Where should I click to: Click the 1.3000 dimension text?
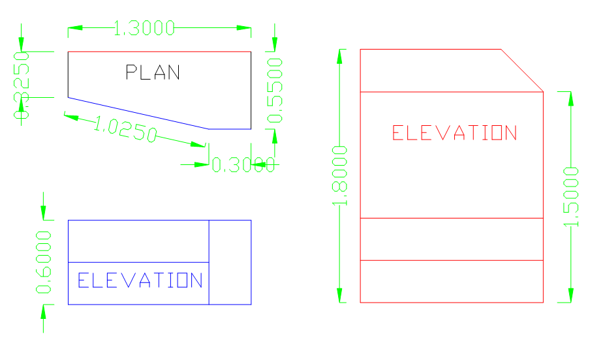[x=144, y=28]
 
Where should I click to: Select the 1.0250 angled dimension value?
[x=125, y=128]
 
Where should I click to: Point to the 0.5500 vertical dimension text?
[x=276, y=89]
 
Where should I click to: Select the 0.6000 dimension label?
[x=44, y=262]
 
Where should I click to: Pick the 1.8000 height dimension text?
[x=340, y=176]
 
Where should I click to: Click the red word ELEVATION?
[x=454, y=133]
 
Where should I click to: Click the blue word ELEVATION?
[x=140, y=281]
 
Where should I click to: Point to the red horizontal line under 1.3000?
[x=160, y=51]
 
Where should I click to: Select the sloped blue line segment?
[x=137, y=113]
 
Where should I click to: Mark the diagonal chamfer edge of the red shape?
[x=522, y=70]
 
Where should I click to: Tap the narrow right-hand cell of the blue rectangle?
[x=230, y=262]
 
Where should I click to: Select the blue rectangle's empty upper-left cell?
[x=138, y=241]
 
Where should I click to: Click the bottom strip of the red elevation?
[x=452, y=281]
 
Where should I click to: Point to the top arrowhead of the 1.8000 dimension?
[x=339, y=56]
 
